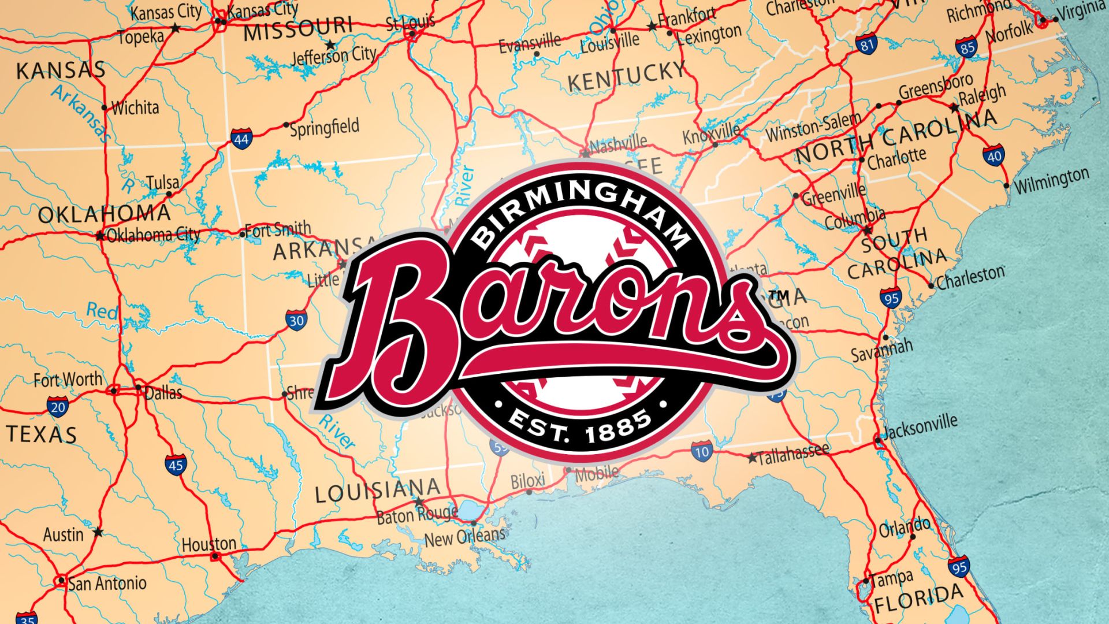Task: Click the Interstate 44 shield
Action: tap(241, 139)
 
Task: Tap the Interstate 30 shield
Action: tap(296, 320)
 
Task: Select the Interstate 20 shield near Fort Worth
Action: tap(57, 407)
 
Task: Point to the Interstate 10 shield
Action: tap(701, 451)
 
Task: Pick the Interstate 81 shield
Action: tap(866, 44)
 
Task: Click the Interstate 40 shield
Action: tap(993, 156)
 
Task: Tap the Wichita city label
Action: tap(135, 107)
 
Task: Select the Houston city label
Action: tap(209, 544)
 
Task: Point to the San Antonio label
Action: tap(107, 584)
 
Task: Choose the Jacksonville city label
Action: tap(920, 427)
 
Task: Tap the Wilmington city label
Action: tap(1052, 181)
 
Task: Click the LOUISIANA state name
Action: tap(377, 491)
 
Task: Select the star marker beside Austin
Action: tap(98, 532)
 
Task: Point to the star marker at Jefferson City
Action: tap(330, 44)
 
